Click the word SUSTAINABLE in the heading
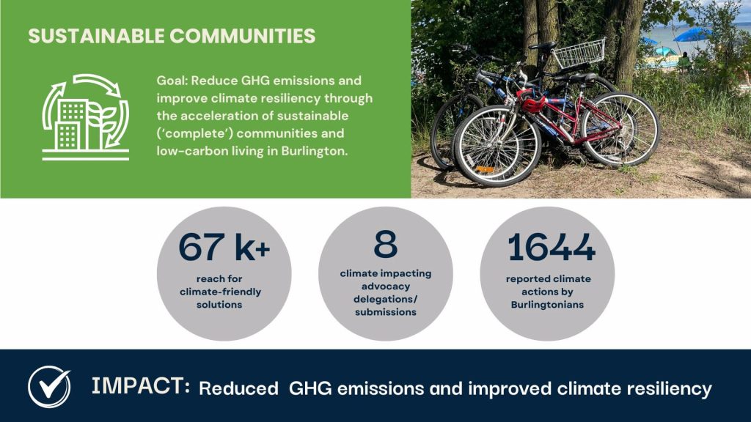click(x=96, y=37)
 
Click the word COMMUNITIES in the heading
click(x=242, y=37)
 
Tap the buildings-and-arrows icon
click(x=86, y=116)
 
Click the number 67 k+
click(x=224, y=248)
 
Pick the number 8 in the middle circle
click(x=386, y=244)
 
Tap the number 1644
click(x=552, y=248)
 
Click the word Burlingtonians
click(x=547, y=305)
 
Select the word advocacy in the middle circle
click(x=386, y=286)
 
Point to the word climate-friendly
click(x=220, y=292)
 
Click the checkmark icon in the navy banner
click(x=49, y=387)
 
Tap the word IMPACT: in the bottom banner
click(x=141, y=385)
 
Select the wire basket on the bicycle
click(x=579, y=53)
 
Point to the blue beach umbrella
click(x=692, y=34)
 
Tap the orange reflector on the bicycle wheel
click(x=485, y=169)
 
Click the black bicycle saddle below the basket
click(x=542, y=46)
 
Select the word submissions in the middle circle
click(x=386, y=312)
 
